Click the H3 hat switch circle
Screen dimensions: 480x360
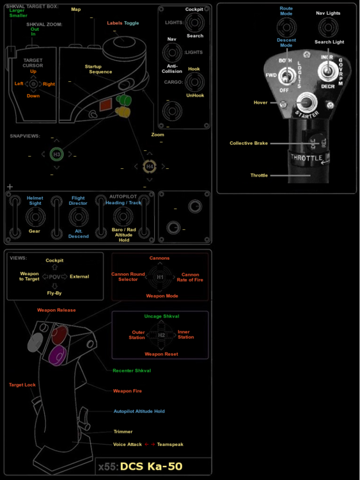click(56, 154)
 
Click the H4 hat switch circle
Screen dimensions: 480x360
click(150, 166)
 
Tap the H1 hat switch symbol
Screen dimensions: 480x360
click(160, 276)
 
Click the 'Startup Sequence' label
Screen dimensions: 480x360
click(100, 69)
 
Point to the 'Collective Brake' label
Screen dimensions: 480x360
click(249, 143)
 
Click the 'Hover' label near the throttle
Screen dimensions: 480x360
click(260, 102)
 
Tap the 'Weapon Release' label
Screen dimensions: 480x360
click(56, 310)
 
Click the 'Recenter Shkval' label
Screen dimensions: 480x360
click(132, 371)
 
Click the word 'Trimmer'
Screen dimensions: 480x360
click(123, 431)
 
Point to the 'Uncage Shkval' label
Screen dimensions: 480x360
click(162, 316)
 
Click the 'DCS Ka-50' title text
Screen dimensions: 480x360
click(152, 467)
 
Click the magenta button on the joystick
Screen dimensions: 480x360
click(56, 353)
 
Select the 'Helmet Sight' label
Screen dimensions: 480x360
click(35, 201)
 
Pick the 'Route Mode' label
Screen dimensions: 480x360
click(286, 11)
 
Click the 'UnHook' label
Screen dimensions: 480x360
click(194, 95)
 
